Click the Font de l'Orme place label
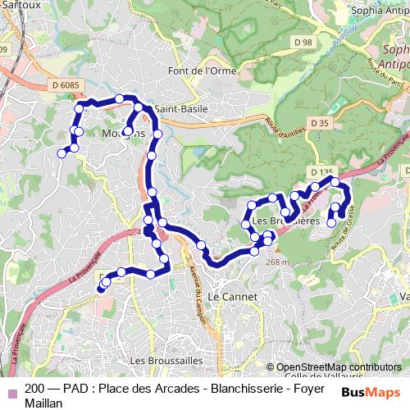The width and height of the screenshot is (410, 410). (x=198, y=71)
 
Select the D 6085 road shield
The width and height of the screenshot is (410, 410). (x=65, y=84)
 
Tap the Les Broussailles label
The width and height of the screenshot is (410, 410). (x=160, y=360)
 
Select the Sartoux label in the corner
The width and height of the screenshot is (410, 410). (x=18, y=4)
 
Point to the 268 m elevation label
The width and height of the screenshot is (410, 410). (x=278, y=262)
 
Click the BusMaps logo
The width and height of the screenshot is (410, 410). (x=371, y=391)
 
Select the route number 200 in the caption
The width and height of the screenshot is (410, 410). (x=35, y=389)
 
